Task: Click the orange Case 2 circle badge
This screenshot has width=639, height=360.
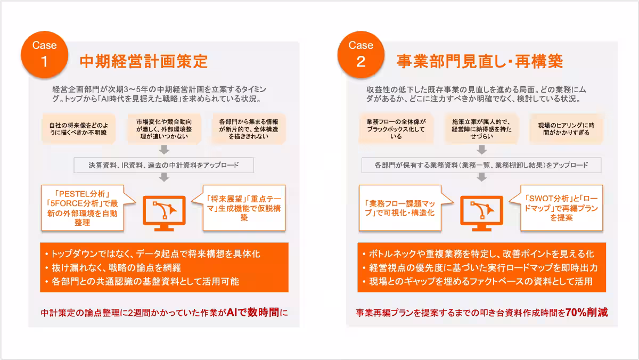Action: tap(361, 53)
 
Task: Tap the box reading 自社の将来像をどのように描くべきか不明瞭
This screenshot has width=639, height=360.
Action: tap(78, 128)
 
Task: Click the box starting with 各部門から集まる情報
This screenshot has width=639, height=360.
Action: tap(248, 128)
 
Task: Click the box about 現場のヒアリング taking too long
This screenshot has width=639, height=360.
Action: tap(564, 128)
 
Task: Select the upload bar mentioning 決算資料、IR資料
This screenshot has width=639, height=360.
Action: tap(163, 165)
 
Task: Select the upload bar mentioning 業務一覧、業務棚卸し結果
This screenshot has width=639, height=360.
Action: tap(481, 165)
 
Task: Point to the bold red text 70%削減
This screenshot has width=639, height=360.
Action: tap(586, 312)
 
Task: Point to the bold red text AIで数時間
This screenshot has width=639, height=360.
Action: tap(252, 312)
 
